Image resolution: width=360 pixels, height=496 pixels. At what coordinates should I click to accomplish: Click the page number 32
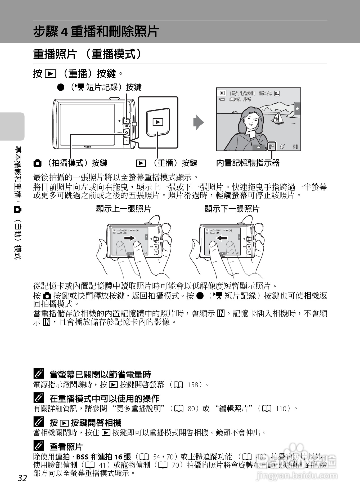click(x=22, y=478)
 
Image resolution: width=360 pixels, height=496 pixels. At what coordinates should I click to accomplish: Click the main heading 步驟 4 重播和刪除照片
click(x=96, y=32)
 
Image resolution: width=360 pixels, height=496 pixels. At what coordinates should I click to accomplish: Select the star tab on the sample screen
click(x=297, y=109)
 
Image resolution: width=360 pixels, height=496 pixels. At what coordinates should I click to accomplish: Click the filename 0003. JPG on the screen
click(x=240, y=100)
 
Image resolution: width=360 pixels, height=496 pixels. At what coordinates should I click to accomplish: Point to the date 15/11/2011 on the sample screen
click(x=242, y=93)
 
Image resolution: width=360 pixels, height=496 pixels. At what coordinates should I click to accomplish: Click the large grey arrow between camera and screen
click(x=199, y=122)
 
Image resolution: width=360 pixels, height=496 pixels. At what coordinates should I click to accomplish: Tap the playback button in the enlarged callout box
click(x=158, y=122)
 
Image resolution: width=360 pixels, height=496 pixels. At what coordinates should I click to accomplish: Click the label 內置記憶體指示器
click(x=248, y=163)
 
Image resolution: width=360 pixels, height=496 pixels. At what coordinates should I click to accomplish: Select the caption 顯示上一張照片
click(x=123, y=209)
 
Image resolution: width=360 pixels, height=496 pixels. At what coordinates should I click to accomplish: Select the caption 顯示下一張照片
click(x=232, y=209)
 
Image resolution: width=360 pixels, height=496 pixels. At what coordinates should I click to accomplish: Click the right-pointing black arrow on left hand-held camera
click(x=129, y=238)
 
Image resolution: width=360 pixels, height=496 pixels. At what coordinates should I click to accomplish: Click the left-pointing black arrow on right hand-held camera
click(x=222, y=238)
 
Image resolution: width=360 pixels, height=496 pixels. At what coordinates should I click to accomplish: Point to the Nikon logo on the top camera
click(x=87, y=147)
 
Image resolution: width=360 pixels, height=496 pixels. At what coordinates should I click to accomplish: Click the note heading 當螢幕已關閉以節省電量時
click(x=100, y=374)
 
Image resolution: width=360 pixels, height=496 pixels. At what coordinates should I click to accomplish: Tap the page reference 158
click(x=193, y=384)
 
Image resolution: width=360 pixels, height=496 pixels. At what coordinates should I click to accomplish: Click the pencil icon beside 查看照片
click(x=39, y=446)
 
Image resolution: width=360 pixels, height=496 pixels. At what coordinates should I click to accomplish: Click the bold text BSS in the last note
click(x=82, y=457)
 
